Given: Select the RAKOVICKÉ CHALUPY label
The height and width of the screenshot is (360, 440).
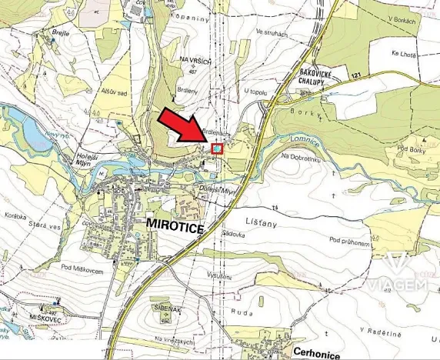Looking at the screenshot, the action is (x=316, y=80).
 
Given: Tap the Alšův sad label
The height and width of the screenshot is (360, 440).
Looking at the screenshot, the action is (x=115, y=91).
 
